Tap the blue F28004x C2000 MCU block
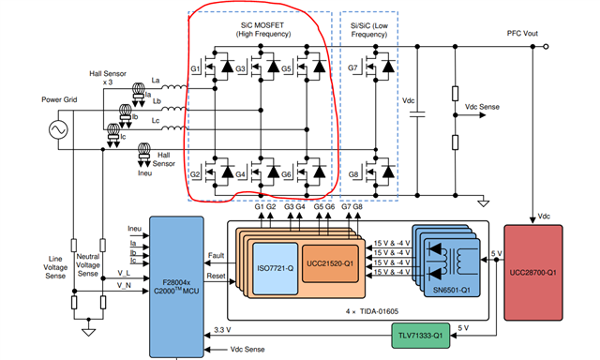(163, 282)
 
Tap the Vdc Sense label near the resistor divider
(487, 108)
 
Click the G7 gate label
(353, 68)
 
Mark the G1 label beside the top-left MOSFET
(195, 68)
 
